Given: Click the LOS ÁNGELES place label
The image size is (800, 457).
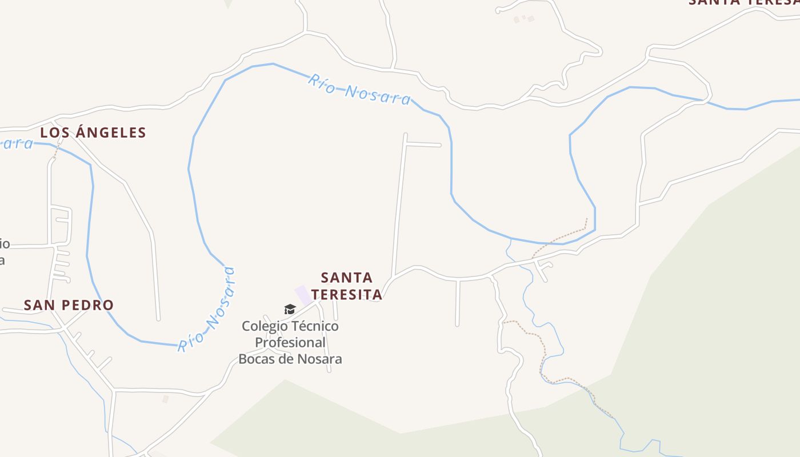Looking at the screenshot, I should coord(93,133).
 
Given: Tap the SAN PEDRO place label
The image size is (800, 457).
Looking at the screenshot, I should coord(69,305).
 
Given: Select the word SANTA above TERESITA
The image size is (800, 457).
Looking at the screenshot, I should coord(346,278).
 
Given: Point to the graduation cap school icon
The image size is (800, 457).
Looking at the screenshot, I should coord(290,309).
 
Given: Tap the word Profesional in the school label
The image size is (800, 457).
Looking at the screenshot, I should coord(290,343).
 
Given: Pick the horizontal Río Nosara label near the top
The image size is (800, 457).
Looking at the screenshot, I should coord(359,89).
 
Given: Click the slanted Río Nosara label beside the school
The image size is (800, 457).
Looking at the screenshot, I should coord(207,310).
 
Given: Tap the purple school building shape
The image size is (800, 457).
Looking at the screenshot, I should coord(303,295).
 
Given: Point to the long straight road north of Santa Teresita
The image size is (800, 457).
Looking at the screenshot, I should coord(399,206).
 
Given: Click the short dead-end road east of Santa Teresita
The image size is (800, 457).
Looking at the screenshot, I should coord(457,303).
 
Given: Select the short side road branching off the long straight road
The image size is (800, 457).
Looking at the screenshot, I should coord(423,145).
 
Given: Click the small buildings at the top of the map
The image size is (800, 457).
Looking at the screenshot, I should coord(523,19).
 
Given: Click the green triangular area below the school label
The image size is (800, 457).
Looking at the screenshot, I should coord(297,417).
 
